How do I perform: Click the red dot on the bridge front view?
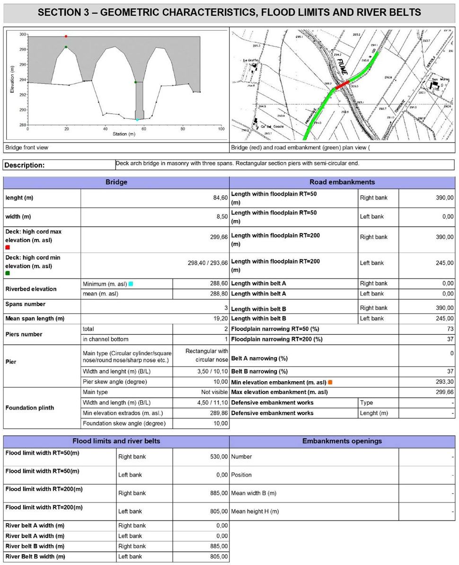pyautogui.click(x=66, y=36)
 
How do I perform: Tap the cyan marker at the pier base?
pyautogui.click(x=137, y=120)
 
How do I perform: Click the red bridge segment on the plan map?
pyautogui.click(x=343, y=85)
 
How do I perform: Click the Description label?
pyautogui.click(x=25, y=165)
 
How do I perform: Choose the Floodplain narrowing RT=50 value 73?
pyautogui.click(x=450, y=329)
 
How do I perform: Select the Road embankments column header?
pyautogui.click(x=342, y=182)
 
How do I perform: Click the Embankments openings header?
pyautogui.click(x=342, y=441)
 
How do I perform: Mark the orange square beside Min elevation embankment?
pyautogui.click(x=330, y=382)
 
